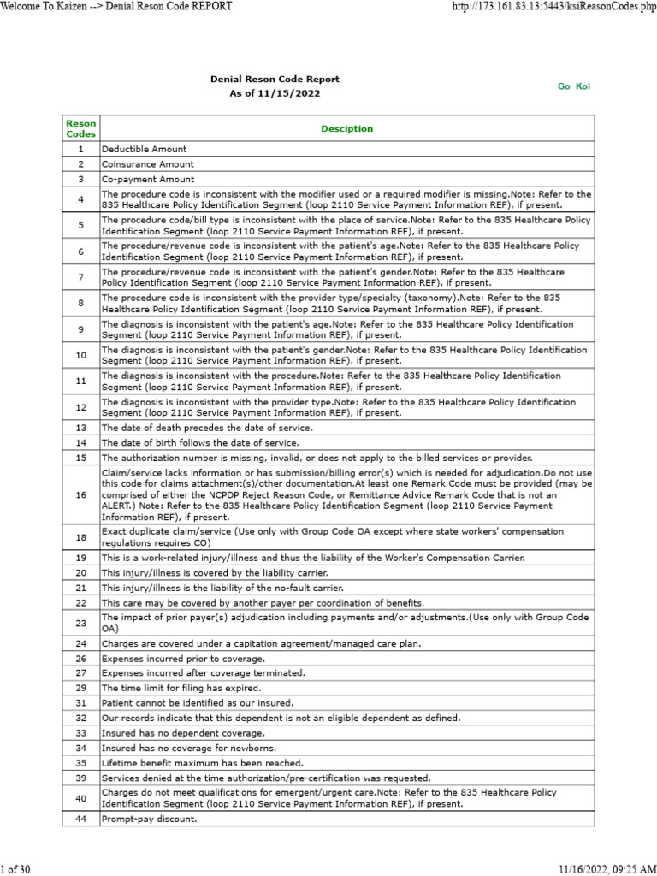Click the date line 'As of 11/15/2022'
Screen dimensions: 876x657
(275, 93)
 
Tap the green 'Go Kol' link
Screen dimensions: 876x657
(574, 86)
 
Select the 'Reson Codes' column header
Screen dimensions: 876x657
(81, 129)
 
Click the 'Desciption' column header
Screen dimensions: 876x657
(346, 129)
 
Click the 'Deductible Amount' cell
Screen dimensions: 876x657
(144, 149)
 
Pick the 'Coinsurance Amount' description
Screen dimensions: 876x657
(147, 164)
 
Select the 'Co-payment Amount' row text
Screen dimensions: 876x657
(148, 180)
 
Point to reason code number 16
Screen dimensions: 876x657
(81, 495)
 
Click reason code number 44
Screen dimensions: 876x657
(81, 819)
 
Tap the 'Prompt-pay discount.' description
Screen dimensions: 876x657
(149, 819)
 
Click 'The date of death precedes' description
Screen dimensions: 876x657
(207, 427)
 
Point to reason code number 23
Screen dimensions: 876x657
(81, 623)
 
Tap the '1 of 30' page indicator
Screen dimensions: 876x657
(16, 869)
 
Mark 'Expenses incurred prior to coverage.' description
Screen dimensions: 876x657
(183, 659)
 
